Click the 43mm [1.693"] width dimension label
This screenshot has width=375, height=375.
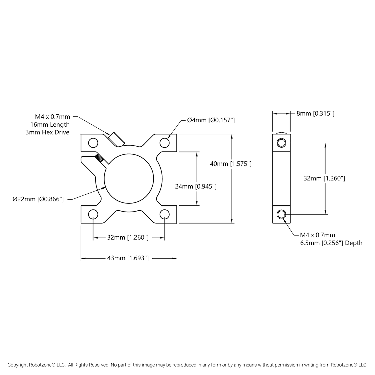click(128, 258)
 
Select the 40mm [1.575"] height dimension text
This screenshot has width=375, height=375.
click(230, 164)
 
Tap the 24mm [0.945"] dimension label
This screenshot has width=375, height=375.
click(196, 186)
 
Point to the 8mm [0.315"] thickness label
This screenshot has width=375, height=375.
click(315, 113)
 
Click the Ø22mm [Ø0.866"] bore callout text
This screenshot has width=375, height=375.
click(38, 199)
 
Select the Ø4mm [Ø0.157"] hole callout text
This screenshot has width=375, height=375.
click(211, 120)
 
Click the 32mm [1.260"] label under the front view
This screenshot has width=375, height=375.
click(128, 237)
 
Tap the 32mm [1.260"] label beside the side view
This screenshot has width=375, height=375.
click(324, 178)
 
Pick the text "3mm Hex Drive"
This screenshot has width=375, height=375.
click(47, 132)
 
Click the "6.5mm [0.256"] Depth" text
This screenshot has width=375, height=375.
click(331, 243)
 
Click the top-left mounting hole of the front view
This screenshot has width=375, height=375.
click(93, 142)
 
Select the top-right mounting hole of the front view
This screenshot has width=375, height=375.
click(165, 142)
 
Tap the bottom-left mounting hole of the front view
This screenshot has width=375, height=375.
click(93, 214)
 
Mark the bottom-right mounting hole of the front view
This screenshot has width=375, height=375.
click(165, 214)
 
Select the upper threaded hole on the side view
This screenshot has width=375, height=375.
click(281, 142)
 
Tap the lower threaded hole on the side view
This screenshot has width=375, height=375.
click(281, 214)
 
